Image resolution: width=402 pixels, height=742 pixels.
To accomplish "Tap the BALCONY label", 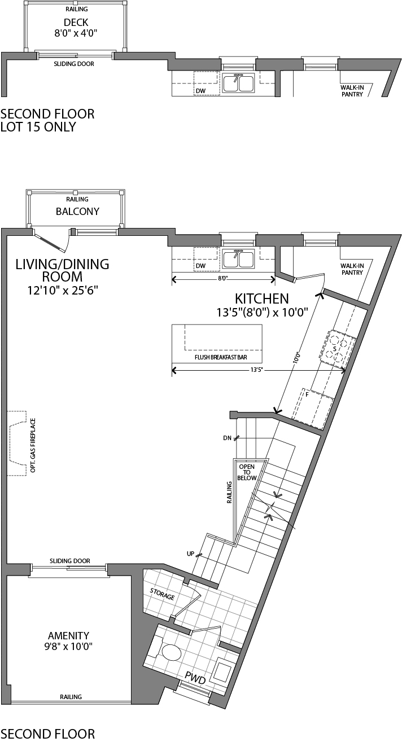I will coord(77,212).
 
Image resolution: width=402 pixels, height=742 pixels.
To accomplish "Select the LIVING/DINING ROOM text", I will coord(62,270).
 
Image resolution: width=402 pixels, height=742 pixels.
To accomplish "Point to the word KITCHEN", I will coord(261,299).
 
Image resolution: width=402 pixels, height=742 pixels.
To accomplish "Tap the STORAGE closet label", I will coord(161,593).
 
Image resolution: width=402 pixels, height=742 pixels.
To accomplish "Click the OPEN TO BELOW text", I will coord(247,472).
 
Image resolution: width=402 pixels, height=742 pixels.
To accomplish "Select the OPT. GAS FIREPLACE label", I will coord(33,445).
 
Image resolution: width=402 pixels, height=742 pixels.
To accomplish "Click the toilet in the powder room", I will coord(171,652).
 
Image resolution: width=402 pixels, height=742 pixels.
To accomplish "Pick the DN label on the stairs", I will coord(227,437).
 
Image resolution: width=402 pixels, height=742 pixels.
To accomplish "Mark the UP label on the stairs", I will coord(190,554).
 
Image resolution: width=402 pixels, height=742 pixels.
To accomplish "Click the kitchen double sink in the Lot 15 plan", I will coord(238,84).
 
